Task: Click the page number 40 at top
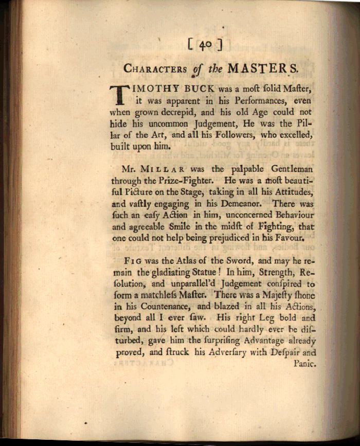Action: coord(205,45)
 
